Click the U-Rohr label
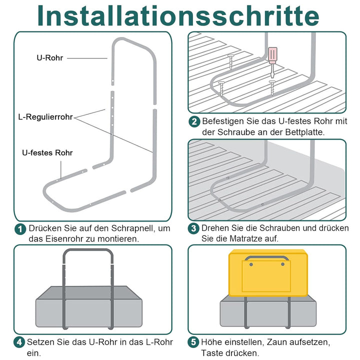point(49,58)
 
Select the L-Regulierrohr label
point(44,117)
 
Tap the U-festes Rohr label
point(47,152)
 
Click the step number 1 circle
point(20,229)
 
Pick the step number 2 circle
point(194,122)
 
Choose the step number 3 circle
point(194,228)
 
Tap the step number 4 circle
point(19,342)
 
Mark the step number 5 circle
point(194,342)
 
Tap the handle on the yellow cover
point(267,258)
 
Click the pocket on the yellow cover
point(267,277)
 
